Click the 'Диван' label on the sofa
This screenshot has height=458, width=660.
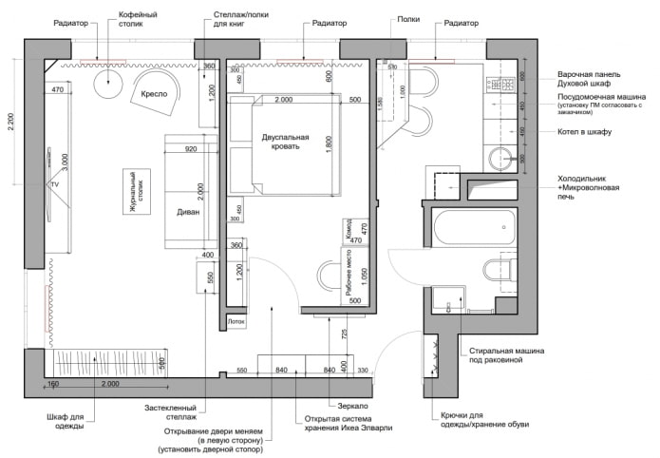click(188, 212)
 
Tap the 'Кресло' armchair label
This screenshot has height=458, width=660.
click(155, 95)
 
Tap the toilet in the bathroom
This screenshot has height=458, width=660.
click(501, 269)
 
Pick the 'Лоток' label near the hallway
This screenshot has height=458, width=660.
click(236, 322)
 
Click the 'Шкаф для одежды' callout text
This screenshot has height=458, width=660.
click(66, 421)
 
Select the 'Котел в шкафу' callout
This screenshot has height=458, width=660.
click(584, 132)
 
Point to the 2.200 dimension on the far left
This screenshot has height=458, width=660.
click(11, 124)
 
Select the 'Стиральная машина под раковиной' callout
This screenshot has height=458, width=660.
click(503, 356)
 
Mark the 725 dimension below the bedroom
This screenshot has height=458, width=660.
click(344, 334)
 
